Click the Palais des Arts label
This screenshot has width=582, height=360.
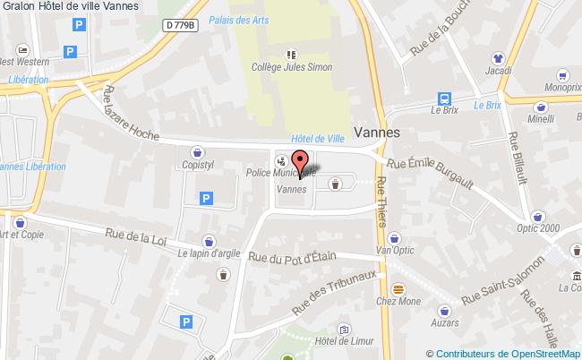tap(234, 19)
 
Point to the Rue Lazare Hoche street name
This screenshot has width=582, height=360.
tap(131, 114)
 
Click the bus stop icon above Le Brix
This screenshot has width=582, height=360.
tap(443, 99)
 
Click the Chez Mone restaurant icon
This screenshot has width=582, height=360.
tap(400, 289)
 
